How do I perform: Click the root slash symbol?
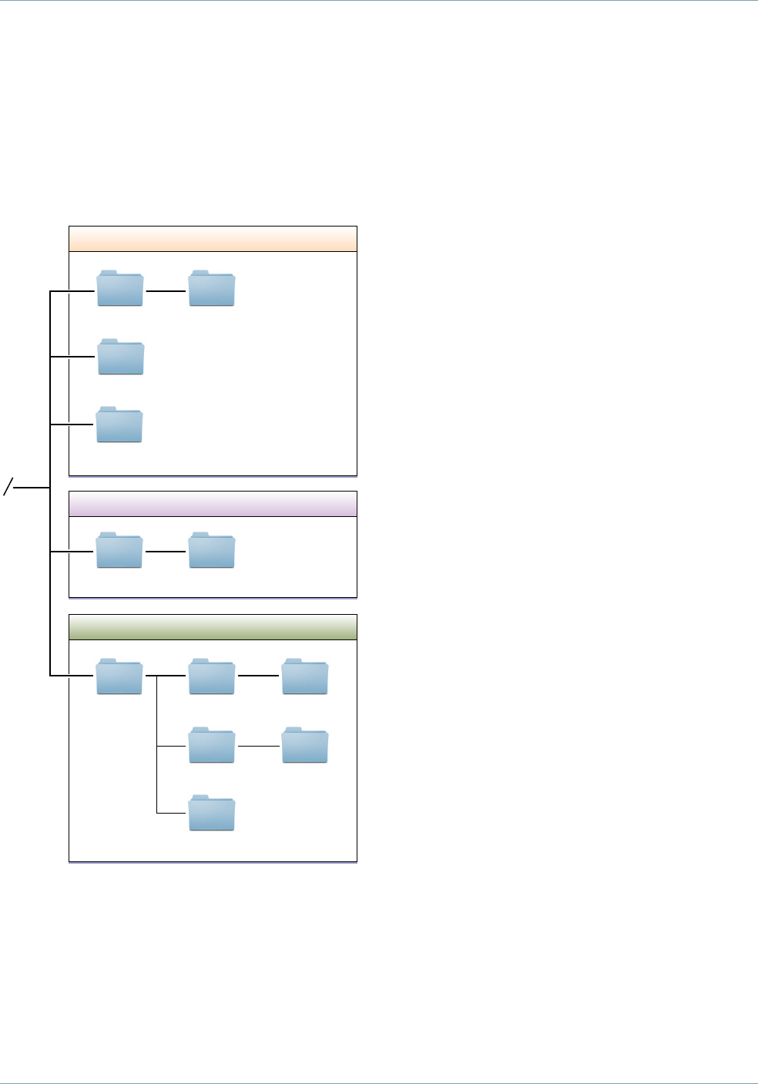point(9,486)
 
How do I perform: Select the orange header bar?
point(213,239)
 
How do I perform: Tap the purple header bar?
point(213,504)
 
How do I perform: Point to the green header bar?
point(213,627)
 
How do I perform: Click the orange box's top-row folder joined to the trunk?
point(120,289)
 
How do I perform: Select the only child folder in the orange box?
point(212,289)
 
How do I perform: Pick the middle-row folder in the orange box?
point(121,357)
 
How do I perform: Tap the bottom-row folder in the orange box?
point(119,425)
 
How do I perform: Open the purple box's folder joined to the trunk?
point(119,550)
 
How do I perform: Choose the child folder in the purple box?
point(212,550)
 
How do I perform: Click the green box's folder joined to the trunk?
point(119,676)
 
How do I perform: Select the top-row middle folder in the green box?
point(212,676)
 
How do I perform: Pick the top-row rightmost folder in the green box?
point(305,676)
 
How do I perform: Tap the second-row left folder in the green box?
point(212,745)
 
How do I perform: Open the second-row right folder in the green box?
point(305,745)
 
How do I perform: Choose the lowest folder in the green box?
point(212,813)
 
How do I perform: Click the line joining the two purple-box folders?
point(166,552)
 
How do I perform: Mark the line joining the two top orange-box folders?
point(166,291)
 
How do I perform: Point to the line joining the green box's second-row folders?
point(259,747)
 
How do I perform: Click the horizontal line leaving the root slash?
point(32,488)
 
